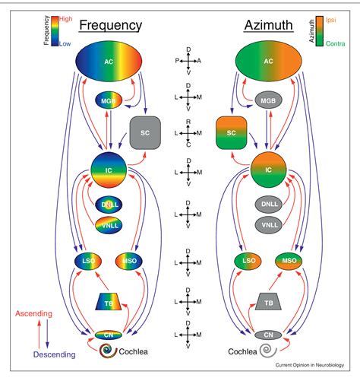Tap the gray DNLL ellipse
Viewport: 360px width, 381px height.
click(265, 205)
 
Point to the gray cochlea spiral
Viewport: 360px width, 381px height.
click(265, 352)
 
